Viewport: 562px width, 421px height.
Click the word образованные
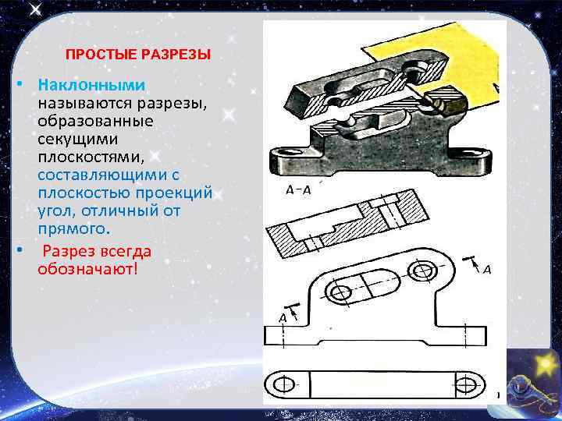(94, 121)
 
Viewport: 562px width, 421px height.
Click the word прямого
(73, 228)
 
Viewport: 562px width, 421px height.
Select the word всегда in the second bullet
(123, 251)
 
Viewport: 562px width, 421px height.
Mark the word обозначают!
(86, 269)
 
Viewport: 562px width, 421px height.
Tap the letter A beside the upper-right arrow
(486, 269)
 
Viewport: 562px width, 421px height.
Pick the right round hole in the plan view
(423, 271)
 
